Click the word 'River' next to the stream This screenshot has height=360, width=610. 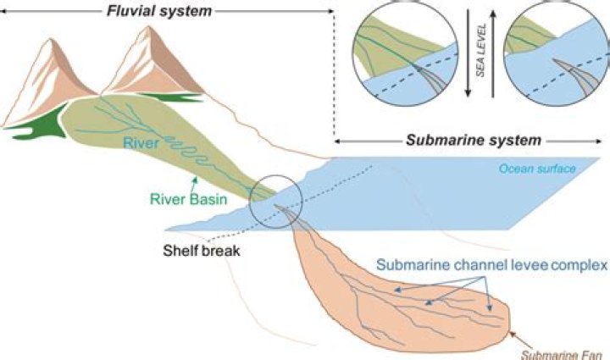141,144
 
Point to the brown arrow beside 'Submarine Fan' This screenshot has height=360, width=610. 518,336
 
